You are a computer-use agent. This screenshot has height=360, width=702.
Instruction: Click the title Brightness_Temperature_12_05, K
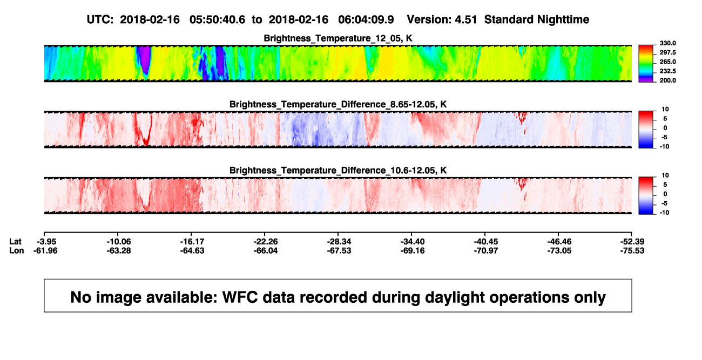click(x=338, y=38)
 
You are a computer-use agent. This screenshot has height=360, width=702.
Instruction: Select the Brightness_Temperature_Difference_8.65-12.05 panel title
click(x=338, y=104)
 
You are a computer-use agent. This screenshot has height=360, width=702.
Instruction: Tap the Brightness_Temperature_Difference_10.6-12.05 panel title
click(x=338, y=171)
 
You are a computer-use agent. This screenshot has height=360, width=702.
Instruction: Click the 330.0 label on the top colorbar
click(x=667, y=43)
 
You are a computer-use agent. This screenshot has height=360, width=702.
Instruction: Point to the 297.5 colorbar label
click(x=667, y=53)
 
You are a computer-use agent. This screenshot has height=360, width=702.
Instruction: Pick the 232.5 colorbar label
click(x=667, y=71)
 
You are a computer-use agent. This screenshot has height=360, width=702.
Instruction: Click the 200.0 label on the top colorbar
click(x=667, y=80)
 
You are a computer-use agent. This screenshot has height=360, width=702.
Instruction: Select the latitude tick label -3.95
click(x=46, y=242)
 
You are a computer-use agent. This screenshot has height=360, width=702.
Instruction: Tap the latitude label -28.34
click(x=339, y=242)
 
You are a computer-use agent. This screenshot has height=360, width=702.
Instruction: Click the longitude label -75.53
click(x=632, y=250)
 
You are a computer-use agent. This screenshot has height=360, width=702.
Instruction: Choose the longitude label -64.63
click(x=192, y=250)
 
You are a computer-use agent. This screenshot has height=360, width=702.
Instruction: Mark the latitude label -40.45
click(x=486, y=242)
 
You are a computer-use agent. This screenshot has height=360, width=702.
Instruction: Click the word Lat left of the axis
click(x=15, y=242)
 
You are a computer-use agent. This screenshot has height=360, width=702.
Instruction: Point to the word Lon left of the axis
click(x=17, y=250)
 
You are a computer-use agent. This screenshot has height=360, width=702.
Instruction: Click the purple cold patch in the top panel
click(x=145, y=59)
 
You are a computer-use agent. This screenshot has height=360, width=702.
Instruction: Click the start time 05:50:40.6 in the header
click(x=217, y=19)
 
